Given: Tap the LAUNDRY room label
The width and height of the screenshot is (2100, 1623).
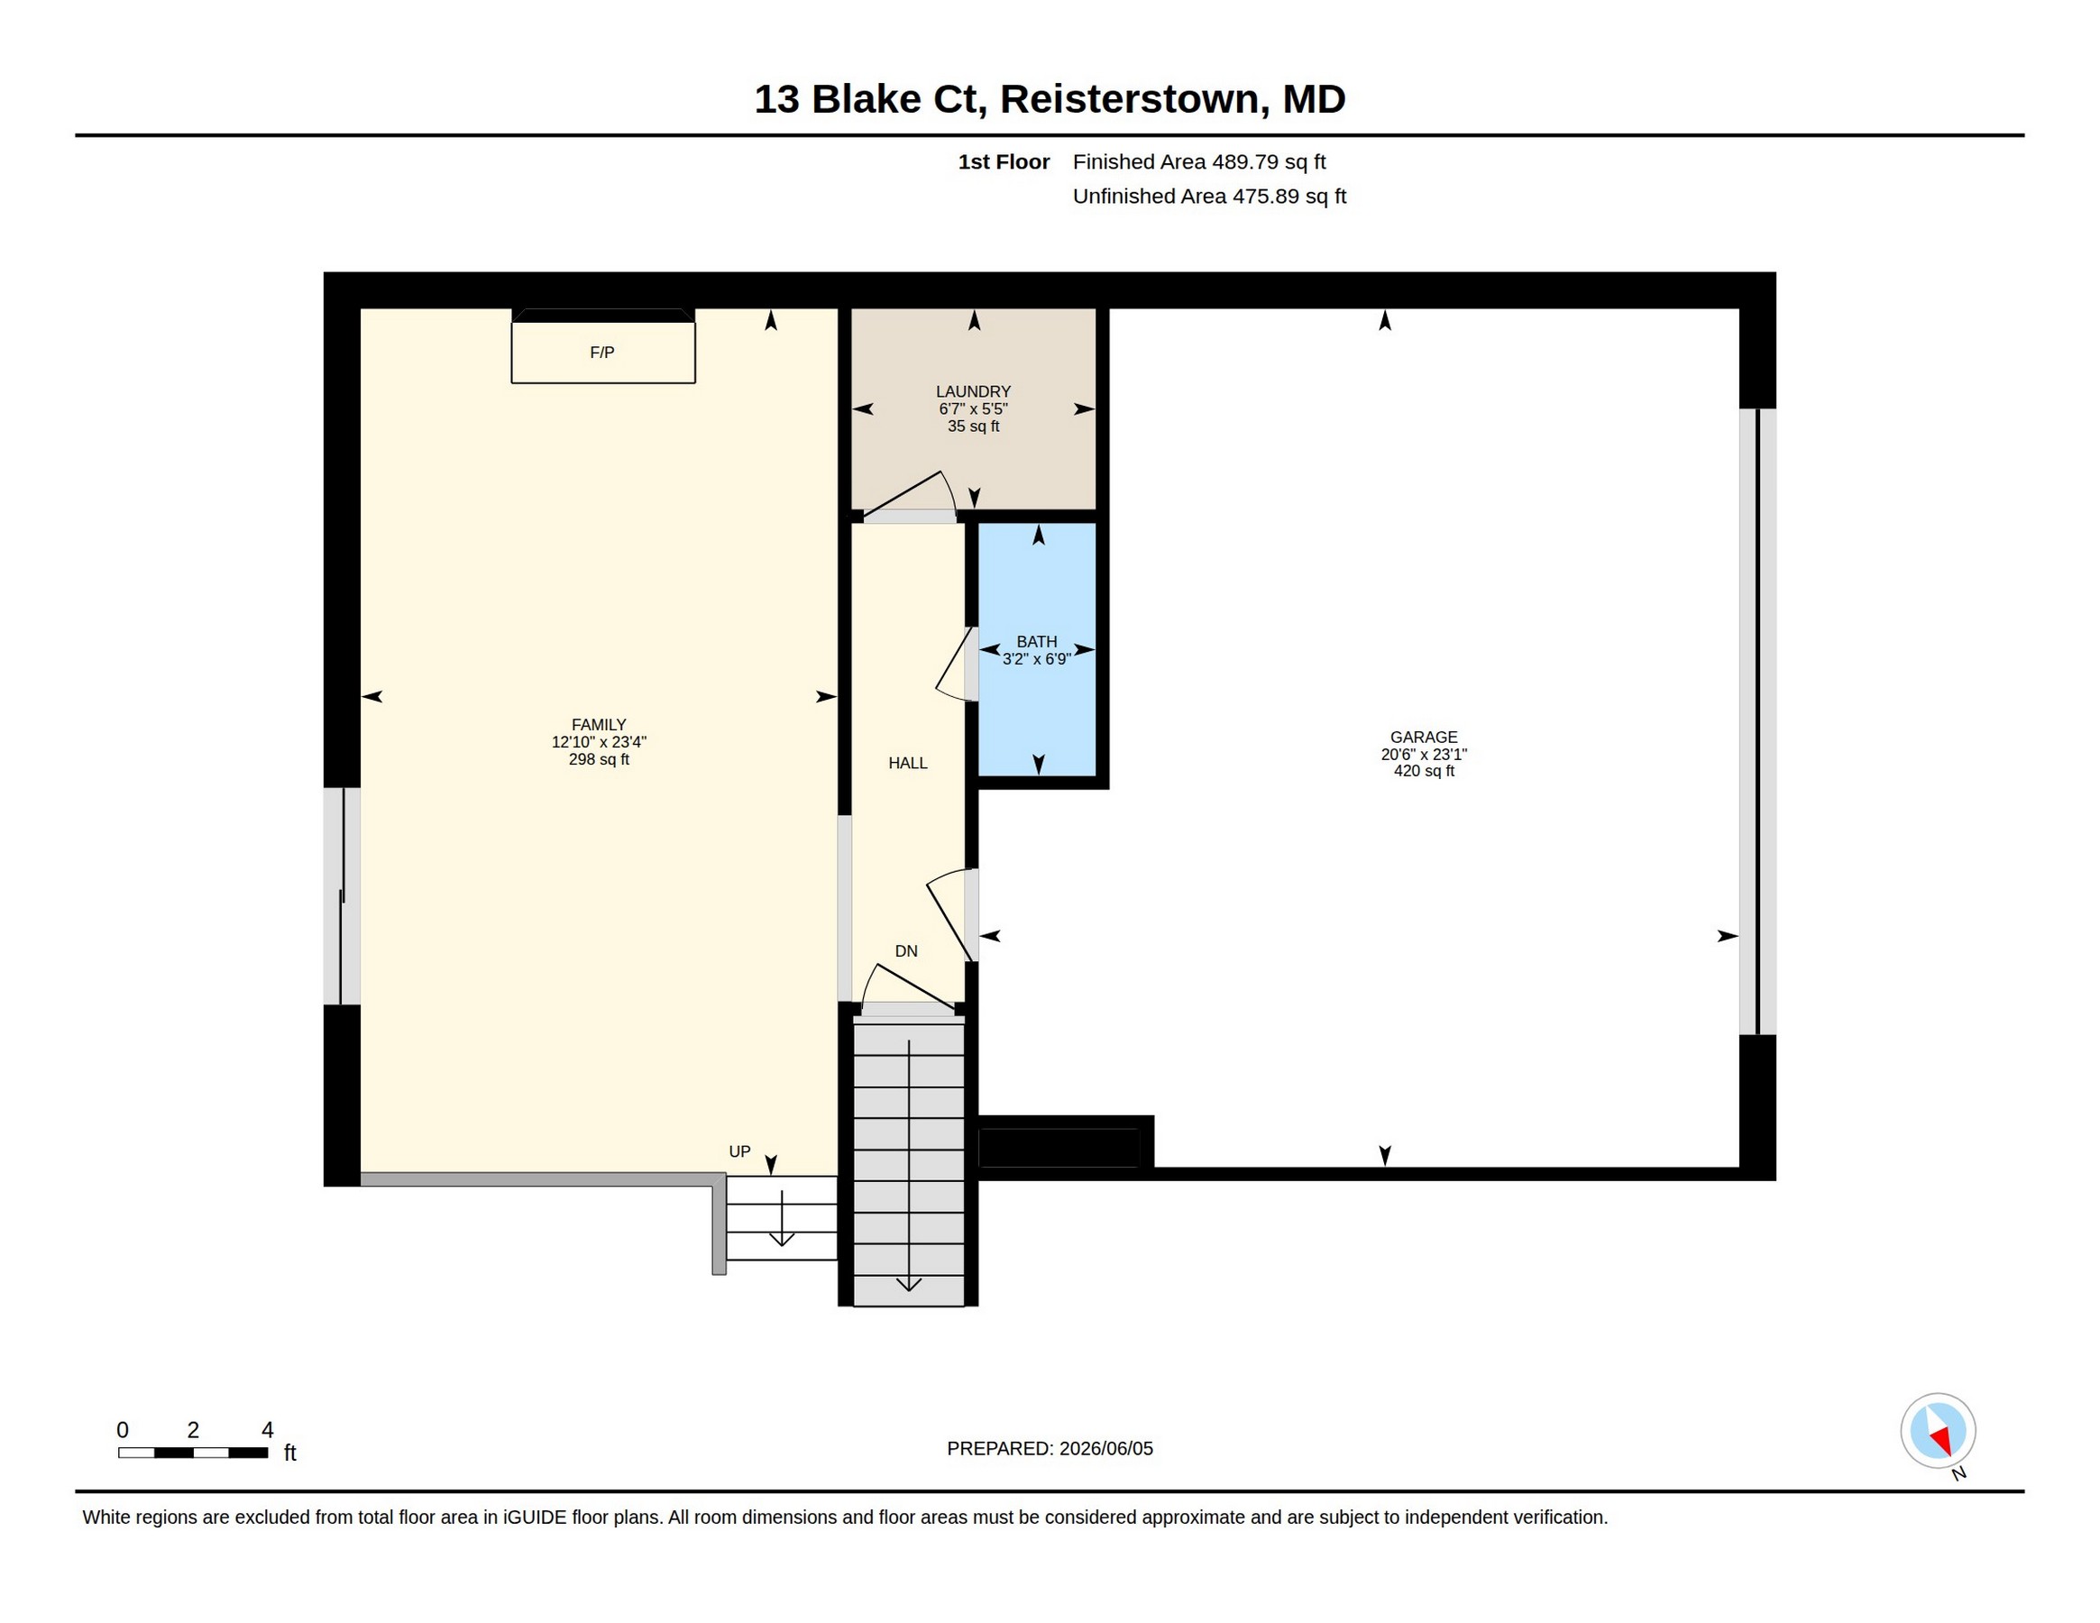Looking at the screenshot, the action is pyautogui.click(x=973, y=391).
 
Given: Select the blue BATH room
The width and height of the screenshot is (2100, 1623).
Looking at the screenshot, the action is pyautogui.click(x=1038, y=649).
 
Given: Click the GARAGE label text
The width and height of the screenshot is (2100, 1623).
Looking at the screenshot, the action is pyautogui.click(x=1423, y=738).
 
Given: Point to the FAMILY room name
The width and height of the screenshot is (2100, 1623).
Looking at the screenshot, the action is pyautogui.click(x=598, y=725).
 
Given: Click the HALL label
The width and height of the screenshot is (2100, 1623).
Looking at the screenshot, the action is pyautogui.click(x=908, y=764).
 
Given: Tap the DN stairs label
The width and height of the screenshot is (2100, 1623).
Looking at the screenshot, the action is pyautogui.click(x=906, y=951).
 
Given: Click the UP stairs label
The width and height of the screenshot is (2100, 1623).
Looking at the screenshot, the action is pyautogui.click(x=739, y=1151).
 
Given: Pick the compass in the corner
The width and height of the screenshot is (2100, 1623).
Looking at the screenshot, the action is pyautogui.click(x=1938, y=1431).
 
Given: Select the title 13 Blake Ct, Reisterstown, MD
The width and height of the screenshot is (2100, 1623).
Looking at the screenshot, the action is pyautogui.click(x=1049, y=99).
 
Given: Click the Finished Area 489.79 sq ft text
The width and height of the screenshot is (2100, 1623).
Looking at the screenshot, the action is pyautogui.click(x=1199, y=161).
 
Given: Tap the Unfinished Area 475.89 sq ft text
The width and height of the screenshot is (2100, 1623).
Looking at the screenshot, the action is pyautogui.click(x=1210, y=197).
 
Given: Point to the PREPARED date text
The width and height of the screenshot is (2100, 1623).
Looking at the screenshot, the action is pyautogui.click(x=1050, y=1448).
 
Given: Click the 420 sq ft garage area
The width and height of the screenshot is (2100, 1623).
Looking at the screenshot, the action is pyautogui.click(x=1424, y=771).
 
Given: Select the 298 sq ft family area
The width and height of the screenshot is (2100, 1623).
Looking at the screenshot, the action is pyautogui.click(x=599, y=759).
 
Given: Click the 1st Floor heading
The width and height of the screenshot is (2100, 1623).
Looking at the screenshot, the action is pyautogui.click(x=1004, y=161).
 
